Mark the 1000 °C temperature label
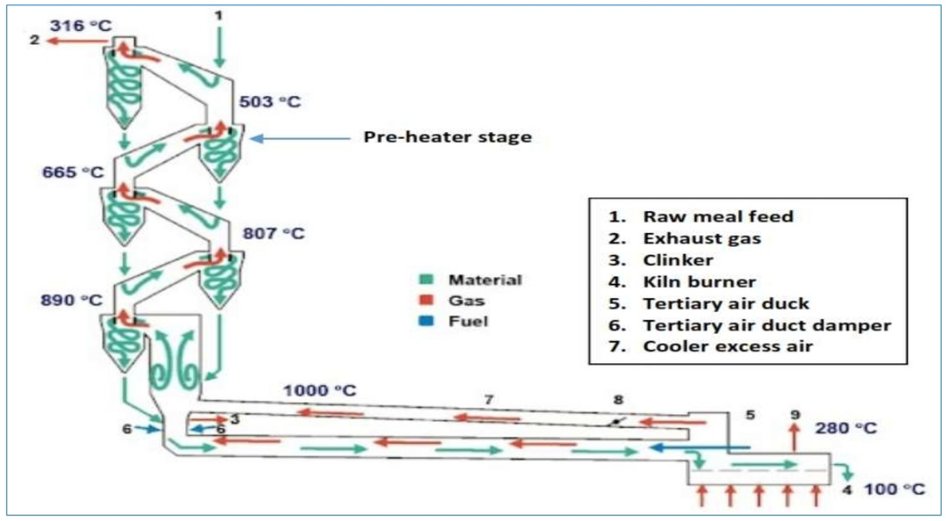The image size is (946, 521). click(315, 390)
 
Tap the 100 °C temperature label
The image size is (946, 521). click(893, 489)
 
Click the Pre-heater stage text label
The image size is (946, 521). click(448, 138)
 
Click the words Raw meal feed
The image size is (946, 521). click(718, 216)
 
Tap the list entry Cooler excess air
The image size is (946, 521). click(728, 346)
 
